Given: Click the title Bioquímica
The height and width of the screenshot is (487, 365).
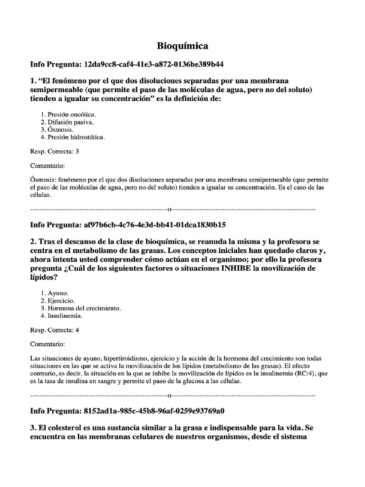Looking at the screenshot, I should pyautogui.click(x=182, y=46).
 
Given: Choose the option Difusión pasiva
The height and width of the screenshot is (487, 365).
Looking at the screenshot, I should pyautogui.click(x=67, y=122).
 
